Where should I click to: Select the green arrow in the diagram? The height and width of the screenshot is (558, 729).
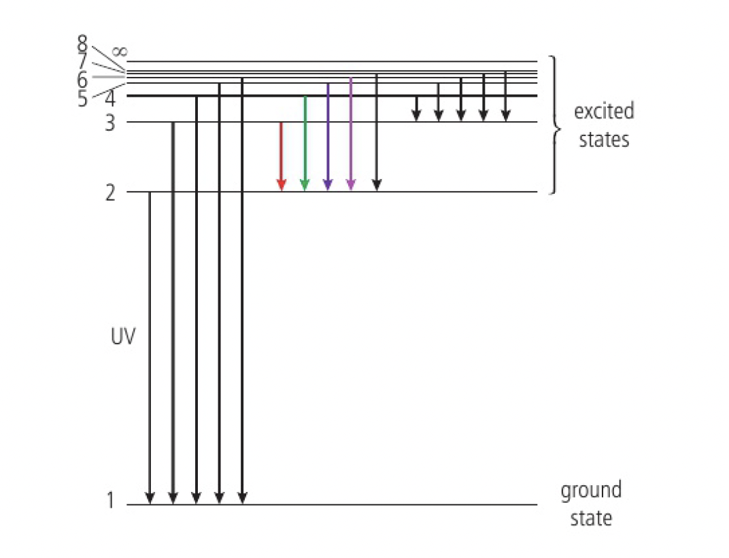point(305,143)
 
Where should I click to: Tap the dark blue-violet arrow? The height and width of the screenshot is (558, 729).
point(328,136)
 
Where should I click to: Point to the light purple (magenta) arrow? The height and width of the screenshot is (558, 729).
point(350,133)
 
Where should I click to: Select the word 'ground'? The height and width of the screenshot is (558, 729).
point(590,491)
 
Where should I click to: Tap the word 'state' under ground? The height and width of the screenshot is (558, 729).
point(590,518)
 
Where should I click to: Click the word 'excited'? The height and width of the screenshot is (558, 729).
point(603,111)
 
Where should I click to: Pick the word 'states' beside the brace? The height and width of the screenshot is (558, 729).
point(604,139)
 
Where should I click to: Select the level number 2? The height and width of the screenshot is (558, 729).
point(110,192)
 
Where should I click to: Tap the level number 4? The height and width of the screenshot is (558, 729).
point(110,99)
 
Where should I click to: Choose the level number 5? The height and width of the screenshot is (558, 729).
point(83,99)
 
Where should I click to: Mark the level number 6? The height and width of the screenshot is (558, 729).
point(83,80)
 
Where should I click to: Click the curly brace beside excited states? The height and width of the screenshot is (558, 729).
point(556,125)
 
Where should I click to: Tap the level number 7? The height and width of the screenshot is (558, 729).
point(83,61)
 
